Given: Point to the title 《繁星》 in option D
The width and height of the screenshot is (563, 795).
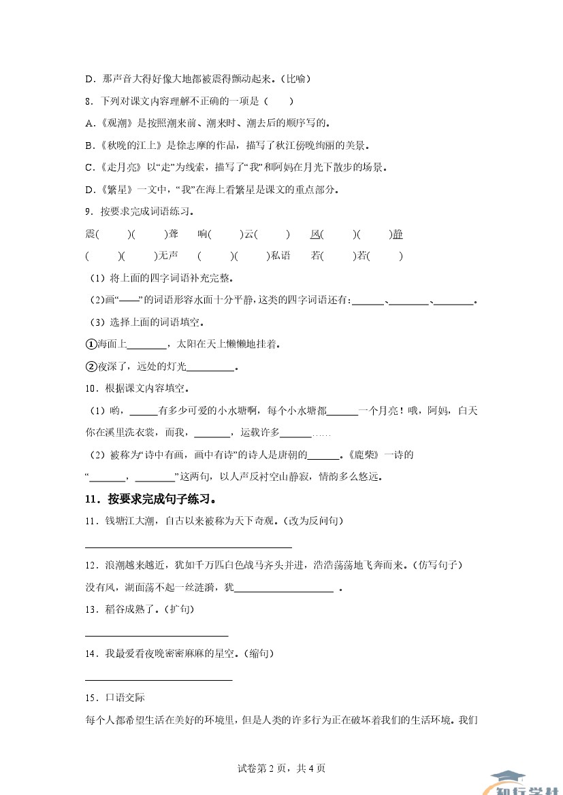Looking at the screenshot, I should [x=117, y=189].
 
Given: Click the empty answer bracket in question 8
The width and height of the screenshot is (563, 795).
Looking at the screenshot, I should [x=279, y=101].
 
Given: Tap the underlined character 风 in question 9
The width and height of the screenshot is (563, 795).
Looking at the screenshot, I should [x=315, y=234].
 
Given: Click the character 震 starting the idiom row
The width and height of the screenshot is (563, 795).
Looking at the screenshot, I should [x=91, y=234].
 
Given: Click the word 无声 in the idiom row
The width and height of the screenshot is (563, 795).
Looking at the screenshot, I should [x=167, y=256].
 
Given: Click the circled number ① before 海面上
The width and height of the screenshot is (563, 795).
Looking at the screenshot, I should [x=91, y=344].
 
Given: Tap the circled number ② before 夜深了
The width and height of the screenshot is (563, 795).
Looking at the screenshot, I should [x=91, y=367].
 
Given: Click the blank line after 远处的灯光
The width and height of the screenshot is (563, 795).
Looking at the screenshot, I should [x=210, y=368].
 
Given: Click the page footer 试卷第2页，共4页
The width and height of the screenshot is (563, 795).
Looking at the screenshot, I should [x=281, y=768].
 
